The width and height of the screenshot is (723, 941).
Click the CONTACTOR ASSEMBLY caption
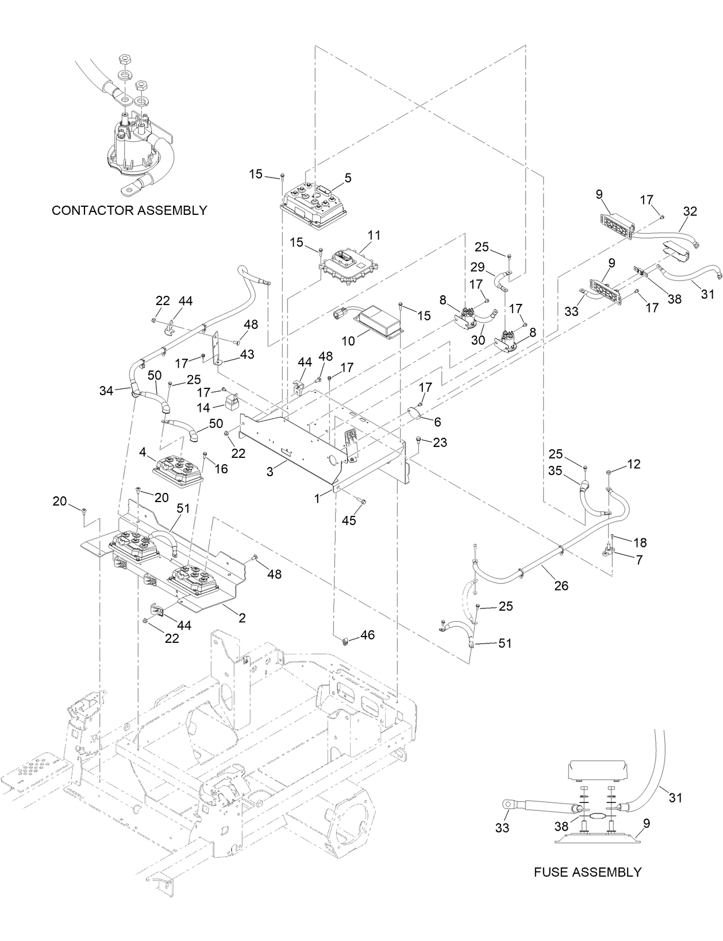click(x=129, y=210)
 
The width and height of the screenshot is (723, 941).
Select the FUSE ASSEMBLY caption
click(x=587, y=872)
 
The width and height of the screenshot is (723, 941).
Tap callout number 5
click(x=348, y=179)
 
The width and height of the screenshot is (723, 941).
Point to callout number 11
click(x=374, y=236)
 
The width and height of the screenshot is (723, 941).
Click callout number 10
click(x=348, y=341)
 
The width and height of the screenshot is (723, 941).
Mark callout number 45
click(x=348, y=520)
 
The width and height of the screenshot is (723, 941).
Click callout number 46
click(x=367, y=635)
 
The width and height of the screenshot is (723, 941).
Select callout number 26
click(x=561, y=585)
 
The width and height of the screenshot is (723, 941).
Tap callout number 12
click(x=633, y=464)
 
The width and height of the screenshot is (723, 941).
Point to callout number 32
click(x=690, y=211)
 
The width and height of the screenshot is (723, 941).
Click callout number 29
click(x=477, y=267)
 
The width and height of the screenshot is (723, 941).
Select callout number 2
click(x=242, y=618)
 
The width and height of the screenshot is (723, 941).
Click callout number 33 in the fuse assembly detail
click(x=502, y=828)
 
